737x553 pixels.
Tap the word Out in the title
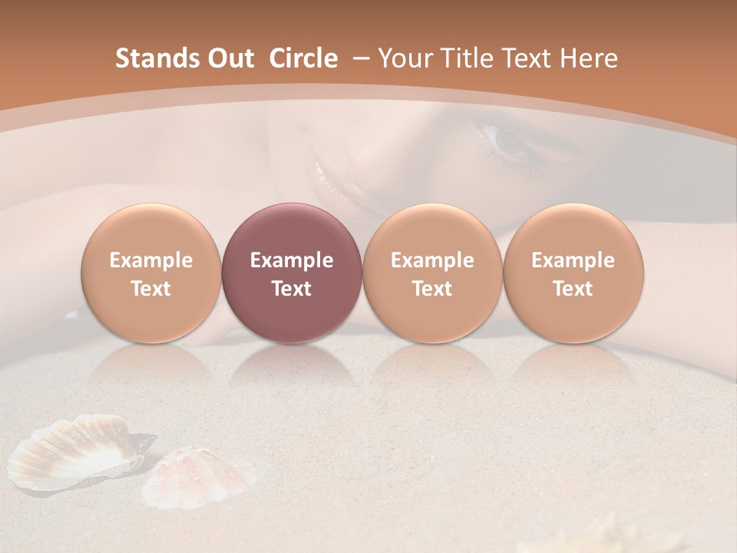[x=229, y=58]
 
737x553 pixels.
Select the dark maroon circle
[x=292, y=273]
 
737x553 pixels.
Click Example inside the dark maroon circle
[x=292, y=260]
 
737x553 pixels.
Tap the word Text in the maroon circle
[x=292, y=289]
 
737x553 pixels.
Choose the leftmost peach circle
[x=151, y=273]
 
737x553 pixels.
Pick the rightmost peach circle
[x=573, y=273]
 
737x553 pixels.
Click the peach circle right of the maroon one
[x=432, y=273]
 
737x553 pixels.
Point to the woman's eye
[x=507, y=141]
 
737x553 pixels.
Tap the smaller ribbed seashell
[x=201, y=477]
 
